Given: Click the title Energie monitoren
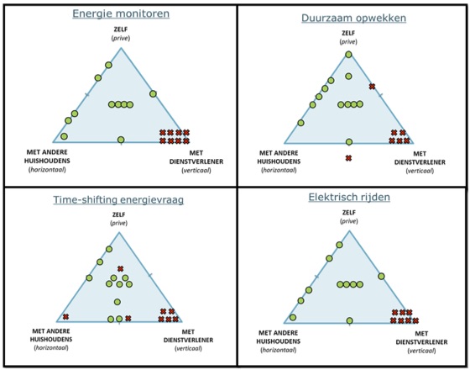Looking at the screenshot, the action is tap(121, 13).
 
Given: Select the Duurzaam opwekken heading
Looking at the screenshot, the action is tap(353, 18).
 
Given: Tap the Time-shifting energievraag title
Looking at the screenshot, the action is tap(118, 200).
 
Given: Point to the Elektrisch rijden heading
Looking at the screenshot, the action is tap(349, 198).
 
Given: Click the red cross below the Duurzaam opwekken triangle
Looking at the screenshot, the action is tap(348, 158).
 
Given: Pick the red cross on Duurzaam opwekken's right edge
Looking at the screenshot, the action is tap(372, 87).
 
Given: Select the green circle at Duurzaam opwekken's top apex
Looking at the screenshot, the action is tap(348, 55).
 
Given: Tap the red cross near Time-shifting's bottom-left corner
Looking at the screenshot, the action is tap(66, 316).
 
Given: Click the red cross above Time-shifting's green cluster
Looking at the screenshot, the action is tap(120, 268).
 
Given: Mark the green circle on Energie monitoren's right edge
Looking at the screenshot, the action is tap(153, 93).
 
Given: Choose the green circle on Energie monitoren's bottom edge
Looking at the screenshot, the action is tap(121, 140).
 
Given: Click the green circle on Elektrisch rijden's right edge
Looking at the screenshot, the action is tap(381, 276).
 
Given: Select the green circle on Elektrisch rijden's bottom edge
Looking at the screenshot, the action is tap(349, 320).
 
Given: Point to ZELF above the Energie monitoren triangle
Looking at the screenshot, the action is tap(121, 30).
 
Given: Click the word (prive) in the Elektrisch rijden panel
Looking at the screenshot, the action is tap(349, 221).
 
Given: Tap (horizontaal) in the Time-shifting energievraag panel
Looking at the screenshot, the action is tap(51, 348).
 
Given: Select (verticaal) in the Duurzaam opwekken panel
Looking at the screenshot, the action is tap(420, 171).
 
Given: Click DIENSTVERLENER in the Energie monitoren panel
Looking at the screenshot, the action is tap(196, 161).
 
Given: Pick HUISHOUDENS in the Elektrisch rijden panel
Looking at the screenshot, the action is tap(279, 341).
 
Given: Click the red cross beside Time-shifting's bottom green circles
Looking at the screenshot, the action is tap(128, 319).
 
